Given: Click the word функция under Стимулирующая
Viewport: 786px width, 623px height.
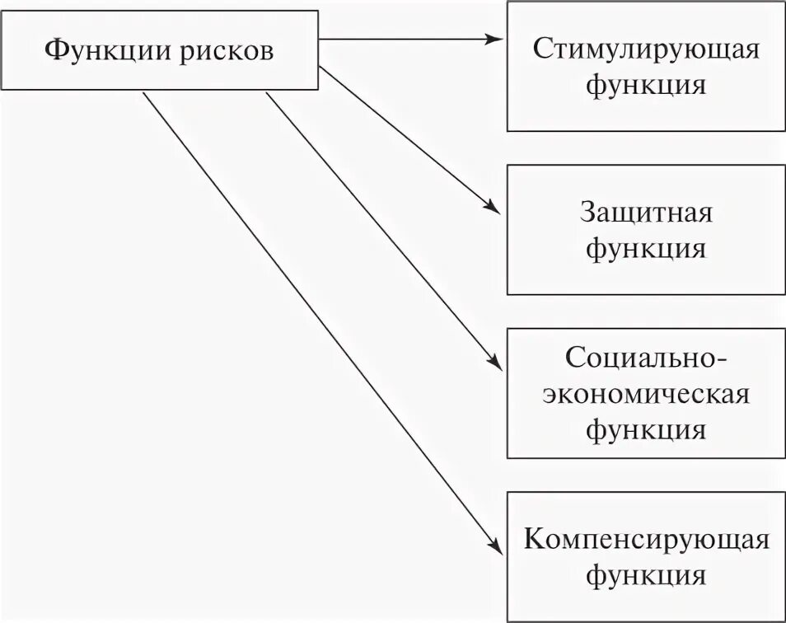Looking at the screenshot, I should (x=646, y=84).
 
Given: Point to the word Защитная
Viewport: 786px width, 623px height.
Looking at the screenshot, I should (x=646, y=213).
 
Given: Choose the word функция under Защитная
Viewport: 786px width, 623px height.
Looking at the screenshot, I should (x=646, y=248).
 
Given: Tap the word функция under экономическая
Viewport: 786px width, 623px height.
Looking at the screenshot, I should (x=646, y=429).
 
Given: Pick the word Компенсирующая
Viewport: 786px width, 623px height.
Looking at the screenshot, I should (x=646, y=540).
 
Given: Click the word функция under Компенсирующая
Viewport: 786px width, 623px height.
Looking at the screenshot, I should (x=646, y=575).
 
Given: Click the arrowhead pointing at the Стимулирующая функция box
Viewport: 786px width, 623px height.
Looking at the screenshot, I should (x=494, y=39).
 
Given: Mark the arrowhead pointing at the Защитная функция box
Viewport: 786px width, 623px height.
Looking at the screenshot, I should (x=494, y=209).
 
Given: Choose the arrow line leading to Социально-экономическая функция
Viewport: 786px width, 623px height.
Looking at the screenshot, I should (x=379, y=228).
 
